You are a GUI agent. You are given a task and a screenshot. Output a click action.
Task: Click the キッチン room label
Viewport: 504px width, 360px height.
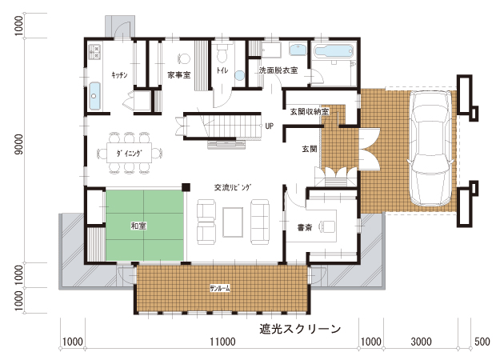119,75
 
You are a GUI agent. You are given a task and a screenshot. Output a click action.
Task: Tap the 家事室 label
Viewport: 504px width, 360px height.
179,75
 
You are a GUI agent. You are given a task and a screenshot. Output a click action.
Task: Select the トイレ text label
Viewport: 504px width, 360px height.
222,70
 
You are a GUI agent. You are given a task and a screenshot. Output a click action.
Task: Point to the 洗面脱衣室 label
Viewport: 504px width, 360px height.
278,70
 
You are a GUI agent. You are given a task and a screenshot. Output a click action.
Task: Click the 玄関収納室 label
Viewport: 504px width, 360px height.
310,112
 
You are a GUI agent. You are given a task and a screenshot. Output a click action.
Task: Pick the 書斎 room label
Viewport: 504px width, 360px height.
305,227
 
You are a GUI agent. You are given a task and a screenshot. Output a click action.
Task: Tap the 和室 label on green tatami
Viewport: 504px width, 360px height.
138,226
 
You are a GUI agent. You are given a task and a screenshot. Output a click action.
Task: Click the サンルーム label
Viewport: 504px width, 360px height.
220,289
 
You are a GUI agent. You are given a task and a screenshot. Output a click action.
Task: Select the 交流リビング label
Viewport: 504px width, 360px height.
233,187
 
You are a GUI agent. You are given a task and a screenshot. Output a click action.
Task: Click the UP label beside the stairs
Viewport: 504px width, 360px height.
270,126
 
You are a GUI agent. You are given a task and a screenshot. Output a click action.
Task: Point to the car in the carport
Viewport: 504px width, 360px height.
430,148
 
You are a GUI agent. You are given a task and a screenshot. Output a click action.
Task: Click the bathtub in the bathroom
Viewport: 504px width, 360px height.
334,51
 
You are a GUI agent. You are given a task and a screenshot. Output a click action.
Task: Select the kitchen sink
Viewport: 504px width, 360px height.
94,96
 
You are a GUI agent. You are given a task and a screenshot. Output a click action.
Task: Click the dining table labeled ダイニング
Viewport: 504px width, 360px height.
130,154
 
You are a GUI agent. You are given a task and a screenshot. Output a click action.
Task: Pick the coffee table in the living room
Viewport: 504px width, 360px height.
233,222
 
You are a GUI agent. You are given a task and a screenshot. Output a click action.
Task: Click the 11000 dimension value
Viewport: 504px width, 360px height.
222,342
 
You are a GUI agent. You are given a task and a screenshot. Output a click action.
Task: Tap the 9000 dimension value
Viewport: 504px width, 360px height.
19,145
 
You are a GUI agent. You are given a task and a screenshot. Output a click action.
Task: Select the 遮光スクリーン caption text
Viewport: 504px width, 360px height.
300,329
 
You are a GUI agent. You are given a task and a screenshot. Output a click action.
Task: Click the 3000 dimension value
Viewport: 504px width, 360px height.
421,342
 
